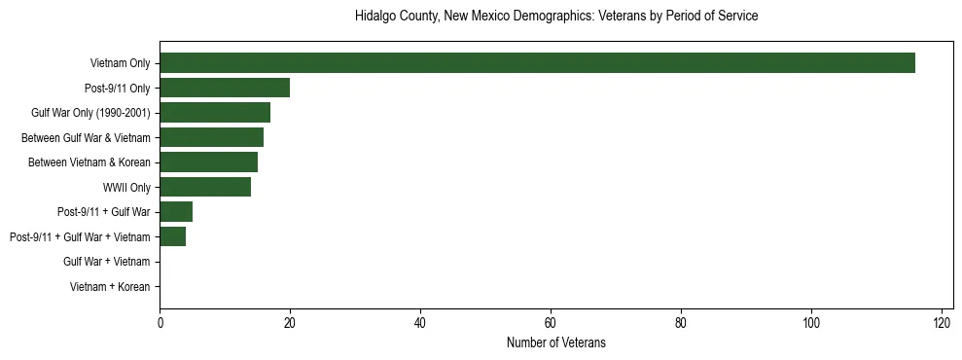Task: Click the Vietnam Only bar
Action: coord(537,63)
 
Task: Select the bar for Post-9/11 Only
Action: coord(225,88)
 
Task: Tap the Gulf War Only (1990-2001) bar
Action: coord(215,113)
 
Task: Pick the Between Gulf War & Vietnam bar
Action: coord(211,137)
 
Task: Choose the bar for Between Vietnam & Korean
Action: coord(208,162)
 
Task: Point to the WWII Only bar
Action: coord(205,187)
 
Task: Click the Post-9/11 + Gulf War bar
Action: coord(176,212)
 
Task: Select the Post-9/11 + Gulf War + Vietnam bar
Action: coord(172,236)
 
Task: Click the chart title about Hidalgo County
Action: coord(555,17)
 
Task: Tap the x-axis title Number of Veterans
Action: coord(555,342)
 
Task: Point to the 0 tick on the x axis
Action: coord(160,324)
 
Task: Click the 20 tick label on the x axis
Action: coord(290,324)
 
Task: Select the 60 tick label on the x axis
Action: coord(551,324)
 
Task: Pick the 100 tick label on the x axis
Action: coord(811,324)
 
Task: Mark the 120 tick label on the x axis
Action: coord(942,324)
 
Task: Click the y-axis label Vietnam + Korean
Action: coord(110,287)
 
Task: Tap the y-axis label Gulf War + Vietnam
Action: coord(106,262)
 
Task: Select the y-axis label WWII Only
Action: coord(126,187)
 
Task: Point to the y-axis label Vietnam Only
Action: coord(120,63)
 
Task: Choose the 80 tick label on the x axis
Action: coord(681,324)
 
